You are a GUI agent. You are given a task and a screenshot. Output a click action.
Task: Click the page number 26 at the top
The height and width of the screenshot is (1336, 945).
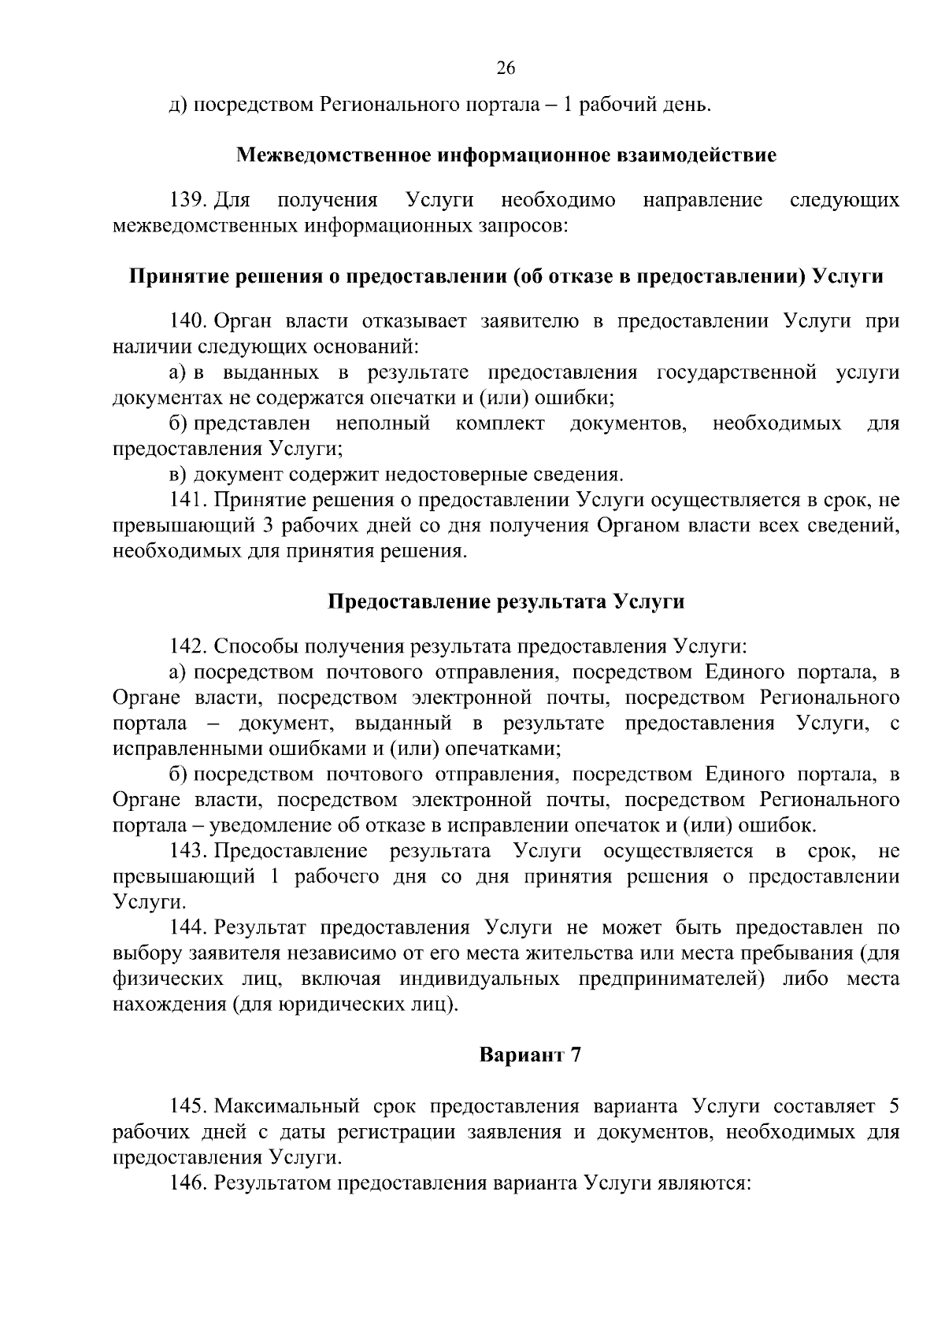pos(506,68)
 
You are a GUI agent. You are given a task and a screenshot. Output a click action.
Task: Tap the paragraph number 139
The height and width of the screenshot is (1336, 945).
pos(188,201)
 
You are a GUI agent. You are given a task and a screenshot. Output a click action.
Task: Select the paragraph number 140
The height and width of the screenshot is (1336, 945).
pos(188,321)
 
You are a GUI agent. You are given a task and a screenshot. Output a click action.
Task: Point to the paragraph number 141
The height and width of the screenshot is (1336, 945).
pos(187,500)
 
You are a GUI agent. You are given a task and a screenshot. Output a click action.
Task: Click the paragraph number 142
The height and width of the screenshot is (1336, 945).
pos(188,647)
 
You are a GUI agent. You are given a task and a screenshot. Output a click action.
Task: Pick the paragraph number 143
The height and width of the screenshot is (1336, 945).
pos(188,851)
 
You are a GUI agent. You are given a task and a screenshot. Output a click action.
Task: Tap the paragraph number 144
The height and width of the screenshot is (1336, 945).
pos(188,928)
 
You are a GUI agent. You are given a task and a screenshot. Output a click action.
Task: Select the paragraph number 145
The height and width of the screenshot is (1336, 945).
pos(188,1106)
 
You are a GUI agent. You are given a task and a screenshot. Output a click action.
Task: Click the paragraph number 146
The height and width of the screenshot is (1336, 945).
pos(188,1183)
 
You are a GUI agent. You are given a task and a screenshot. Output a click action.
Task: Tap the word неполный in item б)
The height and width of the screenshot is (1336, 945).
pos(383,424)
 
